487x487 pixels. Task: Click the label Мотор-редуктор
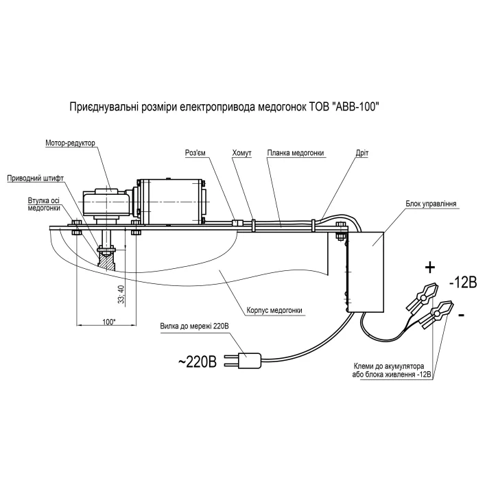coord(69,143)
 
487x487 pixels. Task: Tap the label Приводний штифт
coord(36,177)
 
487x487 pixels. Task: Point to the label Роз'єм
coord(196,153)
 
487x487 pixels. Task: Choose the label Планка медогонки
coord(296,153)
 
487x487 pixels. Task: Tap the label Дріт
coord(362,153)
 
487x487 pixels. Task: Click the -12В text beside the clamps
coord(466,283)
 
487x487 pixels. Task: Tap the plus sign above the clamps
coord(430,266)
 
